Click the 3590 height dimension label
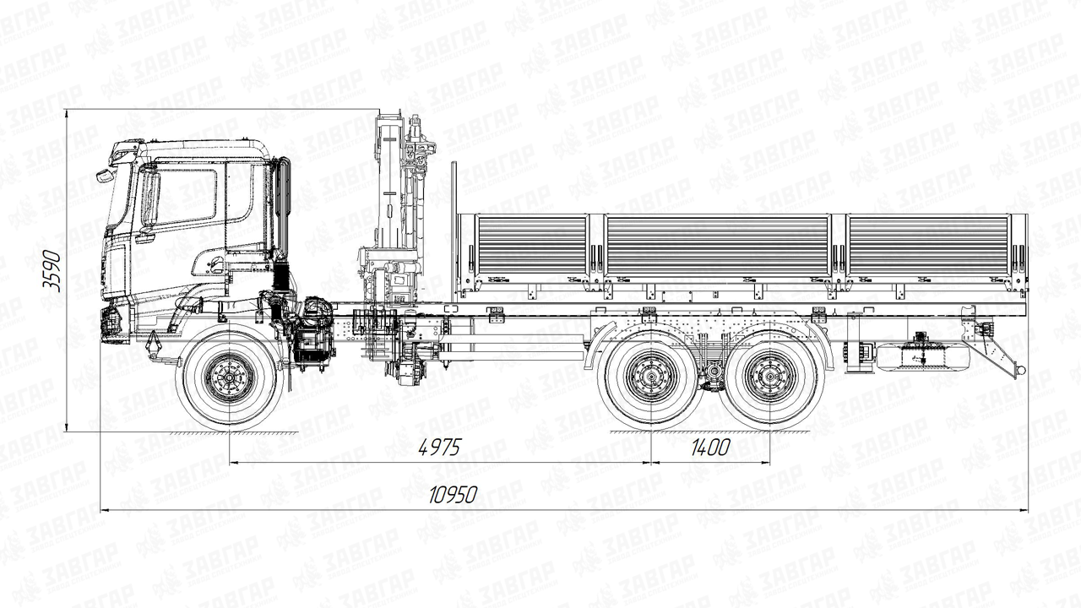point(52,271)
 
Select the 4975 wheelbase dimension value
point(440,448)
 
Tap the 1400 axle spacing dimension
point(710,448)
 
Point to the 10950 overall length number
point(454,495)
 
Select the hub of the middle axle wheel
point(651,376)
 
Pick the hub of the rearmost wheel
point(770,376)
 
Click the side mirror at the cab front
point(105,176)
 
